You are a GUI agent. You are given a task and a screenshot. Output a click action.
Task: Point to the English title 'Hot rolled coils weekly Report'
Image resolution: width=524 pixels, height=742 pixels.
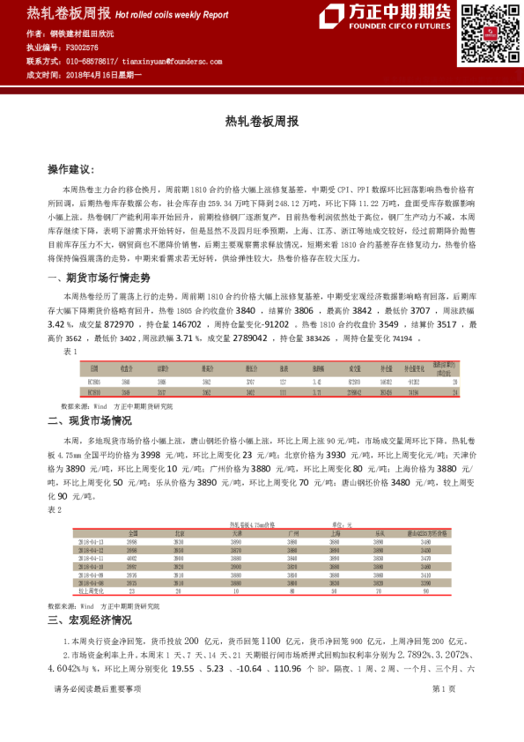[x=171, y=15]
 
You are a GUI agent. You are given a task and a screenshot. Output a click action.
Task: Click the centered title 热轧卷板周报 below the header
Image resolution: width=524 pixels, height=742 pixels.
[x=262, y=121]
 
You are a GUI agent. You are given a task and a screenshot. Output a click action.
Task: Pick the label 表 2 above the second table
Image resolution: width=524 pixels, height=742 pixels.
[x=55, y=510]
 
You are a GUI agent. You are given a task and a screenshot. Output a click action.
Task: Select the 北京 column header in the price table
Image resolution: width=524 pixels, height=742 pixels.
[x=180, y=533]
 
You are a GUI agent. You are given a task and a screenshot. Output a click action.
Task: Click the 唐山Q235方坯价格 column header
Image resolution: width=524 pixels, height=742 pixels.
[x=426, y=533]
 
